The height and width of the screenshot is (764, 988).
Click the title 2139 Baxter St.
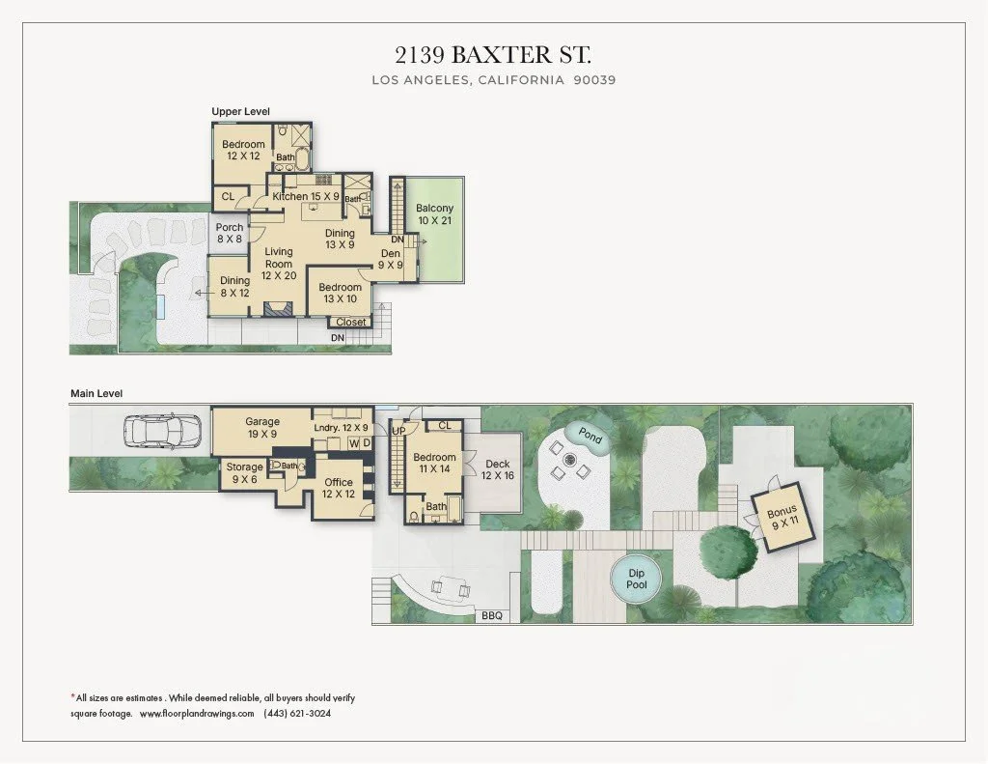(x=493, y=53)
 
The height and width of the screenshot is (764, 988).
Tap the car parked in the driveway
(x=162, y=430)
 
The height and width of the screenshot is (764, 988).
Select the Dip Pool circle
(x=637, y=579)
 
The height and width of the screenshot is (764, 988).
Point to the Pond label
(x=590, y=437)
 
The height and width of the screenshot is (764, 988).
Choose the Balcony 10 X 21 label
(x=434, y=214)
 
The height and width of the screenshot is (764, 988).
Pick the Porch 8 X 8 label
(x=230, y=234)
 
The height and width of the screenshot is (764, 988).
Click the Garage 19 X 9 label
(x=262, y=428)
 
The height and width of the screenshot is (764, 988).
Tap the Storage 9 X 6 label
(x=244, y=473)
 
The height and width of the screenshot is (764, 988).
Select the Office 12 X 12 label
(x=338, y=488)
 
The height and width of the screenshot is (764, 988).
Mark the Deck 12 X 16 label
(x=498, y=469)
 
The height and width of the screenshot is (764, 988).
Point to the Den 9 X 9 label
(x=390, y=259)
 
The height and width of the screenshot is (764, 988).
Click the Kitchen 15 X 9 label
(x=304, y=197)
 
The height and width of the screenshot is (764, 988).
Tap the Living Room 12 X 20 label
(x=279, y=263)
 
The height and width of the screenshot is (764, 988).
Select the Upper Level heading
(x=241, y=112)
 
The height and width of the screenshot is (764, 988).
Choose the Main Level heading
(x=96, y=393)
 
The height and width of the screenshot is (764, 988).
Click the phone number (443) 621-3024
(x=297, y=714)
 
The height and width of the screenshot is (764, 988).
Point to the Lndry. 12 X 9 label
(x=342, y=428)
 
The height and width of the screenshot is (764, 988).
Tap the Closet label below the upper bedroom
(x=351, y=323)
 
